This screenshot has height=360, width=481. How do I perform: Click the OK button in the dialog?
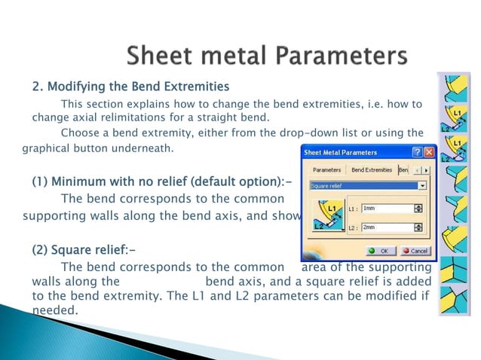[380, 250]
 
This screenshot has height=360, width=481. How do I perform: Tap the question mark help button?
[415, 152]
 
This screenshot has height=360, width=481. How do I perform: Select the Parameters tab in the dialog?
[326, 170]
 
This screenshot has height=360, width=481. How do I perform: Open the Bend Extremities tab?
[372, 170]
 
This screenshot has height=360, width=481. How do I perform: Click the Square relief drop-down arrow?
[423, 185]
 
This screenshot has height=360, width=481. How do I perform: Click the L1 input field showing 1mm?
[386, 208]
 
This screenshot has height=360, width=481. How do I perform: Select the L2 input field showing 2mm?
[386, 227]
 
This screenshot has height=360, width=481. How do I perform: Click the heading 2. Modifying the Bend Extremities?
[130, 84]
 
